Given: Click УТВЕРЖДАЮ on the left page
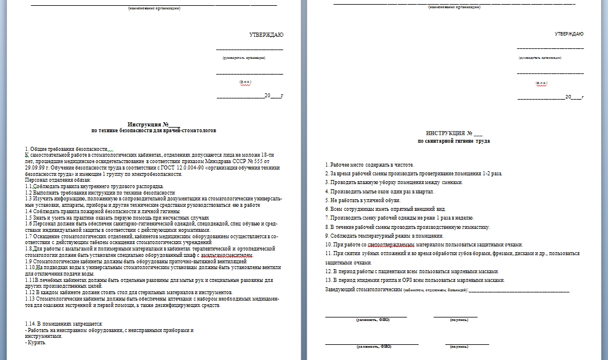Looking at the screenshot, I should pyautogui.click(x=266, y=35).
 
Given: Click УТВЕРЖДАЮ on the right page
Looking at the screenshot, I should pyautogui.click(x=568, y=34).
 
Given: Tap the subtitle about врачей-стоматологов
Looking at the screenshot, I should pyautogui.click(x=154, y=132).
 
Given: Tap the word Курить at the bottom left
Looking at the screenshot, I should pyautogui.click(x=36, y=342).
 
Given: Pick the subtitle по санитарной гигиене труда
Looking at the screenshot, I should pyautogui.click(x=454, y=141).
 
